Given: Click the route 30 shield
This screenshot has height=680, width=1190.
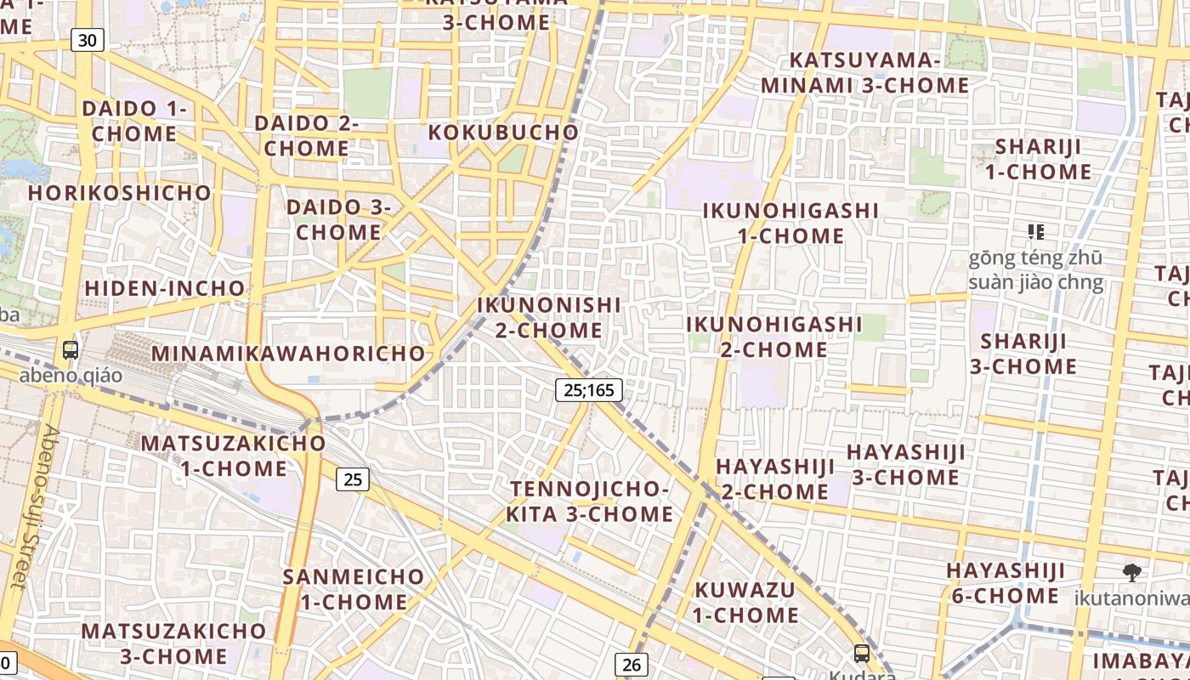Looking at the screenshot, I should [x=88, y=40].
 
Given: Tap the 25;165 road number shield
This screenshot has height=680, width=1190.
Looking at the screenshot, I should [x=589, y=390].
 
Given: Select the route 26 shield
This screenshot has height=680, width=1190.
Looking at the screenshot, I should [x=631, y=665].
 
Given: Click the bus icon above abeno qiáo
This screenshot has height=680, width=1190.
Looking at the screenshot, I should [x=71, y=349].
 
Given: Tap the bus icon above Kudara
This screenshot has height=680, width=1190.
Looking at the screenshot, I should [x=862, y=654].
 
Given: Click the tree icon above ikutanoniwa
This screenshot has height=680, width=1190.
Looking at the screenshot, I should [x=1131, y=572].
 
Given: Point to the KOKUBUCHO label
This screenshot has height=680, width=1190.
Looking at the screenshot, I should [x=503, y=133].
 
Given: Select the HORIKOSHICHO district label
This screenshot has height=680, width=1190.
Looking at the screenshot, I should [x=119, y=193].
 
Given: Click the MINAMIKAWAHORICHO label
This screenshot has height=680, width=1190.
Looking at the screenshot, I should [x=288, y=353].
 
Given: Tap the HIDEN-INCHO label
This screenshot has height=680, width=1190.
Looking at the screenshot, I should [x=165, y=288].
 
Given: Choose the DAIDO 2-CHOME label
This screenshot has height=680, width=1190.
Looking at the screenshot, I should [x=306, y=136].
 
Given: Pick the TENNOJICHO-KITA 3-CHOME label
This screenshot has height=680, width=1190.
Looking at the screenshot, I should [x=589, y=501].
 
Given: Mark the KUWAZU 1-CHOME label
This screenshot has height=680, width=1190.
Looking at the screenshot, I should [x=745, y=602].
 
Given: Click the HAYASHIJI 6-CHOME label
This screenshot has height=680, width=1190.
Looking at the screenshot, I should [x=1006, y=582].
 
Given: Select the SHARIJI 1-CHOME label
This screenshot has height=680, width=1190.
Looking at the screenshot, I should [x=1038, y=159].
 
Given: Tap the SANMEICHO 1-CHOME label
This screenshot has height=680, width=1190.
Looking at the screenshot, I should [x=353, y=589].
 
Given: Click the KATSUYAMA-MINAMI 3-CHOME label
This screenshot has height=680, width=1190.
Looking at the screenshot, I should [x=864, y=73].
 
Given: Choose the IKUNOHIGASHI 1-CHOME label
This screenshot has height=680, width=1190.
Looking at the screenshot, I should [x=790, y=223].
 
